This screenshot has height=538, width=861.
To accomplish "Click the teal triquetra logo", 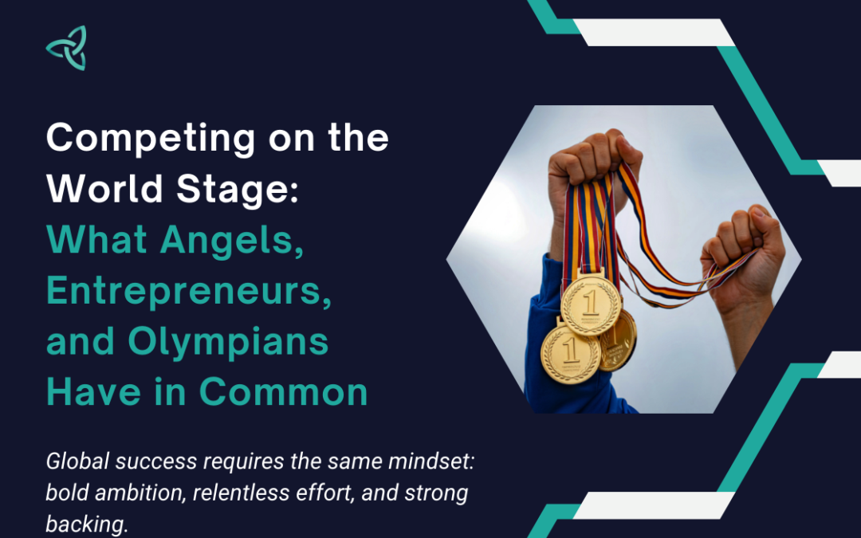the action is [x=66, y=48].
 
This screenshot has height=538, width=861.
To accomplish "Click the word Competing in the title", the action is [x=151, y=139].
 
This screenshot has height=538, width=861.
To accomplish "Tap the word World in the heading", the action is [x=105, y=189].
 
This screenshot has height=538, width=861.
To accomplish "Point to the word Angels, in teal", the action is [x=232, y=242].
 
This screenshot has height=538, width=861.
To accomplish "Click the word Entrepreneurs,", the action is [x=189, y=292].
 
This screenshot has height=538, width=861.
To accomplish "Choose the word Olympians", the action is [x=228, y=343].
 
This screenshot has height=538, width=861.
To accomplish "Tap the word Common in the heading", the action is [x=283, y=392].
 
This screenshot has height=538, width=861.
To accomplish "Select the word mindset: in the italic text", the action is [x=431, y=461].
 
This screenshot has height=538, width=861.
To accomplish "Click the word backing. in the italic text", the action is [x=87, y=524].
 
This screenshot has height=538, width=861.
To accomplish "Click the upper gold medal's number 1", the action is [x=590, y=303].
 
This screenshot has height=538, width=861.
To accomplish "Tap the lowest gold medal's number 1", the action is [x=570, y=350].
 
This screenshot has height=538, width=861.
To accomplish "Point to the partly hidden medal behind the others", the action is [x=619, y=340].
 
